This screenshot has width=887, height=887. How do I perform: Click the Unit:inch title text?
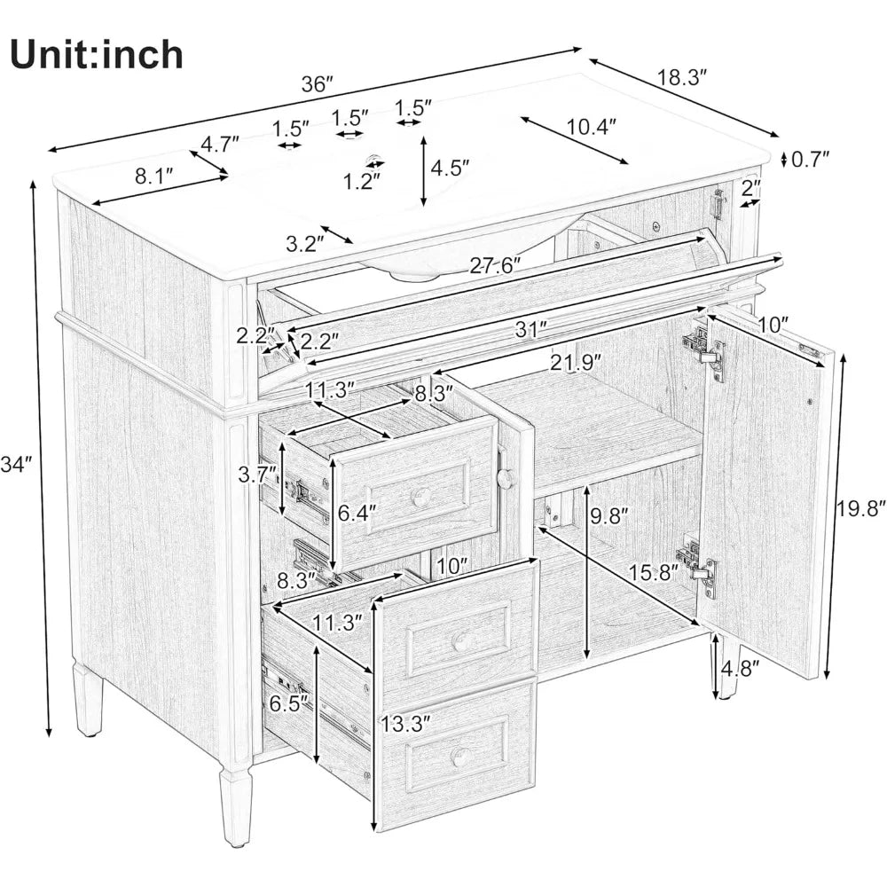97,54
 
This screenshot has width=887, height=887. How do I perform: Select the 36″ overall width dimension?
317,84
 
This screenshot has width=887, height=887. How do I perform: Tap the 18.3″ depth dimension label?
683,78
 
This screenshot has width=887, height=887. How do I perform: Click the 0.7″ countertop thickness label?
811,159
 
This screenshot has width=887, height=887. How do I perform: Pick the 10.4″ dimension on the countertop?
592,127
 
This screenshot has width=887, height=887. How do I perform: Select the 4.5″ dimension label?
450,167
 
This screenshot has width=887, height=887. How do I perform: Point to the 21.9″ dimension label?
574,362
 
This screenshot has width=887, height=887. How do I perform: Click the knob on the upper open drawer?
422,498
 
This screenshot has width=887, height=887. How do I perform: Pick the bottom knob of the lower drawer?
459,757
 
